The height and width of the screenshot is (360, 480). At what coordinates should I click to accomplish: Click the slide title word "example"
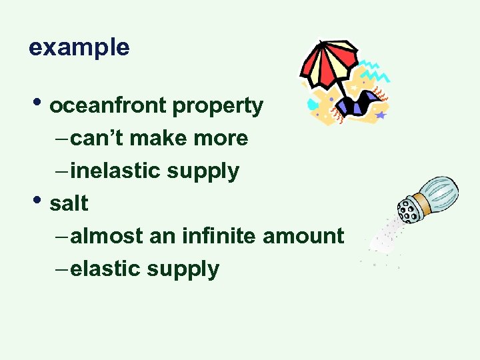[79, 47]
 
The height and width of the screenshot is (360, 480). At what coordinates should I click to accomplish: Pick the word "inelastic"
[115, 171]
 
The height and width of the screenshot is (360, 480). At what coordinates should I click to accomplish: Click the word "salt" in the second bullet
[69, 203]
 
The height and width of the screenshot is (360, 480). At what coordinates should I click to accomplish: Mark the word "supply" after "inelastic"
[203, 171]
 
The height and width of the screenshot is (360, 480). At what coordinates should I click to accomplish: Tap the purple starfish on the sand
[381, 115]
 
